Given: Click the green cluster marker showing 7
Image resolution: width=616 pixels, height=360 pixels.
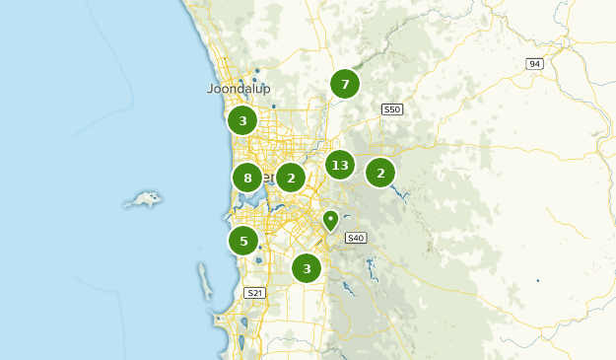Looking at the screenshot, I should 345,84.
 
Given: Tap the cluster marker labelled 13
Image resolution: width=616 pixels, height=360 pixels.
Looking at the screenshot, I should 340,165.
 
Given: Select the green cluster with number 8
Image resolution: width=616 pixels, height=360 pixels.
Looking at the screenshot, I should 247,179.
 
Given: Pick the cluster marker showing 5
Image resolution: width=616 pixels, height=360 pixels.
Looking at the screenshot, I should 243,240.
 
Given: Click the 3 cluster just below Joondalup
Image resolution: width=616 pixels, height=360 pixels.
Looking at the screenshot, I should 242,121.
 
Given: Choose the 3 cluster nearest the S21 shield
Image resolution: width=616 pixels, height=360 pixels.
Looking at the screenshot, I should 308,267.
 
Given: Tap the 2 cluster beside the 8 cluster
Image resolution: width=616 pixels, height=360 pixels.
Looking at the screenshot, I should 291,178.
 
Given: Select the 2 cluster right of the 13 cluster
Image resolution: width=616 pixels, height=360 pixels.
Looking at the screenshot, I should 380,173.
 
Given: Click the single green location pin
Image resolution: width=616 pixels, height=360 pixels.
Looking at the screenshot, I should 331,220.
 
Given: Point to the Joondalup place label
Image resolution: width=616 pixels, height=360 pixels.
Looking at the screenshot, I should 239,88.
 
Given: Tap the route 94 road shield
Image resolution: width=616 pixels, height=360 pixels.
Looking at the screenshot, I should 534,63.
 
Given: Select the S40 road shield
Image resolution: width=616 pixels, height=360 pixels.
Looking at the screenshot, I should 356,237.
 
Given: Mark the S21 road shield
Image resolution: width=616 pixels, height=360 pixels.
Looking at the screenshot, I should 254,293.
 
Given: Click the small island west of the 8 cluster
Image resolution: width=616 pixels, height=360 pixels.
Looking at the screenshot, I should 144,200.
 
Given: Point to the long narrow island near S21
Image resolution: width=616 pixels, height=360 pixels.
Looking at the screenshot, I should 206,281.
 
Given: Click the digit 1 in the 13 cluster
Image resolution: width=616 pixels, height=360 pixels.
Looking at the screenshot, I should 335,165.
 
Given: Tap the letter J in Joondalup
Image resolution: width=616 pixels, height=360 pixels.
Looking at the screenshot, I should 211,88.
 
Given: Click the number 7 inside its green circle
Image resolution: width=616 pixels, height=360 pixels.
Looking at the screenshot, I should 345,84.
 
